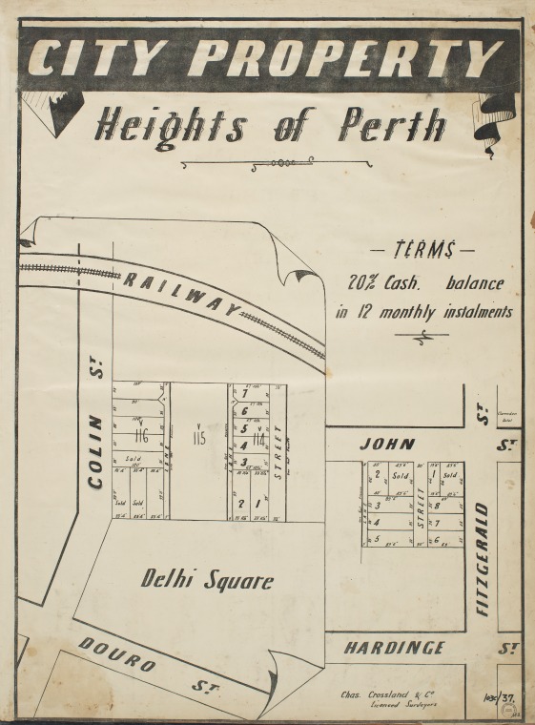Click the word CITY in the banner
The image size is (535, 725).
tap(100, 58)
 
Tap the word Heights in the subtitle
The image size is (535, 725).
tap(172, 125)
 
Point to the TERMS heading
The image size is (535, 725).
tap(422, 251)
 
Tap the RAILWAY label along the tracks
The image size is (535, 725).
tap(179, 290)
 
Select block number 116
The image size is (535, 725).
tap(141, 437)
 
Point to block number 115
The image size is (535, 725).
tap(198, 438)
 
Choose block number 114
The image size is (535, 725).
tap(257, 440)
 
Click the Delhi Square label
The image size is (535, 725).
tap(207, 579)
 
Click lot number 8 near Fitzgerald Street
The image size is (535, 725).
tap(437, 507)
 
